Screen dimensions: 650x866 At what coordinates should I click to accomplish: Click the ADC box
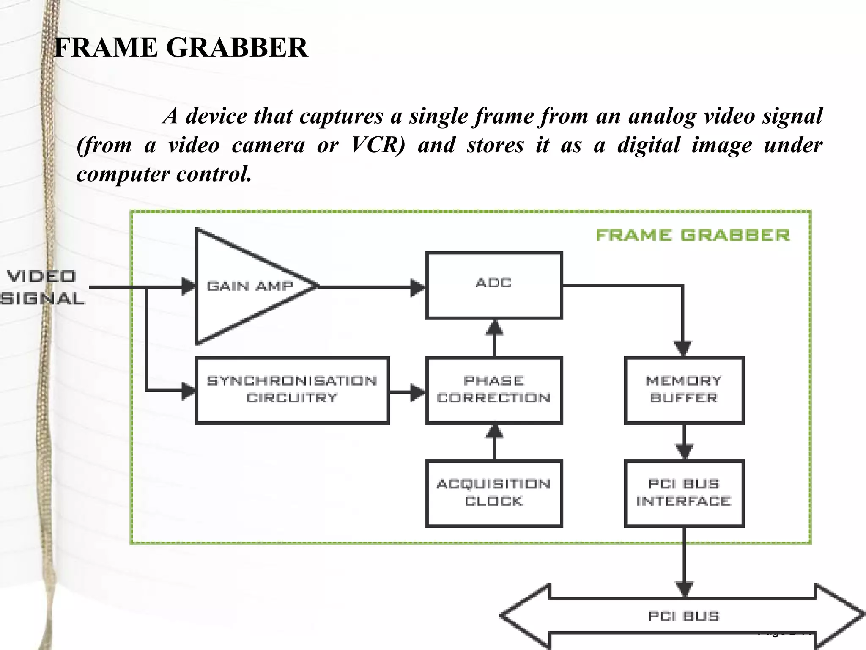tap(494, 285)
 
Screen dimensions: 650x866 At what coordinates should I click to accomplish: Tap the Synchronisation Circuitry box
tap(292, 390)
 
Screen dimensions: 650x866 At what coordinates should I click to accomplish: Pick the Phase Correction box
tap(494, 390)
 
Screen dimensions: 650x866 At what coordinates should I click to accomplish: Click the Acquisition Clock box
tap(494, 493)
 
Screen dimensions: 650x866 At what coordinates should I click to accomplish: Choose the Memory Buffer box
tap(684, 390)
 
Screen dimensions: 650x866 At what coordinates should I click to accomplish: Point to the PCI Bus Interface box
tap(684, 493)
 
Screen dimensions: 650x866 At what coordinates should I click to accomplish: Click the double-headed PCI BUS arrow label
tap(684, 616)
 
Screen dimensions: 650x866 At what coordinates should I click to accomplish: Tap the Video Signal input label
tap(42, 288)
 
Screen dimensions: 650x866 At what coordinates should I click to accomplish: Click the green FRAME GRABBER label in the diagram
tap(693, 235)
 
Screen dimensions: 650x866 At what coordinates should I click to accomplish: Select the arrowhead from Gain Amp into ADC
tap(418, 287)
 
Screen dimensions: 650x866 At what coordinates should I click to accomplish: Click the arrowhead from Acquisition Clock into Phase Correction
tap(494, 432)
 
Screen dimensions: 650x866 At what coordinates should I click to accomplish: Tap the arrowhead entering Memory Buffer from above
tap(683, 348)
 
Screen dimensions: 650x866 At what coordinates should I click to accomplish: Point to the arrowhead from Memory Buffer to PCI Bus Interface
tap(684, 451)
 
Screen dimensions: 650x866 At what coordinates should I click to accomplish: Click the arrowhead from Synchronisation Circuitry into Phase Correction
tap(418, 392)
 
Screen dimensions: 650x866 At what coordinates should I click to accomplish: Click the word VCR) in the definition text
tap(378, 145)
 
